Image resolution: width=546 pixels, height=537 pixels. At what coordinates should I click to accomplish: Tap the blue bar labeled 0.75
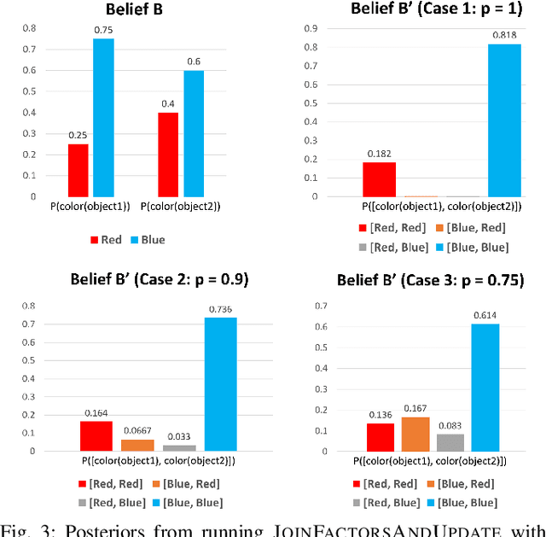[103, 118]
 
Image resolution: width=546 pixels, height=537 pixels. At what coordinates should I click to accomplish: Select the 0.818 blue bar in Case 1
[504, 120]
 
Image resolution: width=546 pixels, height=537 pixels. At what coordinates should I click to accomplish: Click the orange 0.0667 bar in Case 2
[138, 444]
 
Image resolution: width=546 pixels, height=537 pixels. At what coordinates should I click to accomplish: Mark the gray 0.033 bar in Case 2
[178, 447]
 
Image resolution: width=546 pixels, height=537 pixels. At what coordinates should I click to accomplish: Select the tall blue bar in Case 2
[220, 384]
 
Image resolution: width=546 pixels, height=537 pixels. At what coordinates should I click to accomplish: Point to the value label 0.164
[96, 412]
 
